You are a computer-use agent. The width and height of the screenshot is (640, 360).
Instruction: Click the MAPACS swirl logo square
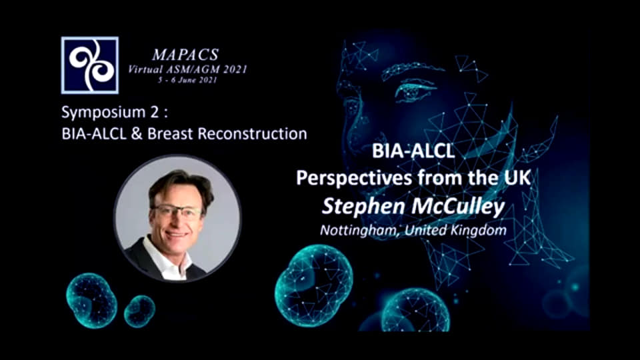[x=90, y=65]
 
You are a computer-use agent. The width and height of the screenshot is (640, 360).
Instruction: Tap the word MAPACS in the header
[x=186, y=55]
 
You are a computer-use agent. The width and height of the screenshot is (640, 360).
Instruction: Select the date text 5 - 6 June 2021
[x=188, y=80]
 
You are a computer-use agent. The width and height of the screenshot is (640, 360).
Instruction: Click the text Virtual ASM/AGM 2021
[x=188, y=69]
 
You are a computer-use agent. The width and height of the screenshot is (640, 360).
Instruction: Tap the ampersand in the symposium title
[x=137, y=134]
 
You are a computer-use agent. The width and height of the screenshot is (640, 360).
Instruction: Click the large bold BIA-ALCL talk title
[x=413, y=151]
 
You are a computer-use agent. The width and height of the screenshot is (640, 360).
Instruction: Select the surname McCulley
[x=458, y=207]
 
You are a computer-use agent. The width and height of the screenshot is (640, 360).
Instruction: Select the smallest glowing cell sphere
[x=139, y=311]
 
